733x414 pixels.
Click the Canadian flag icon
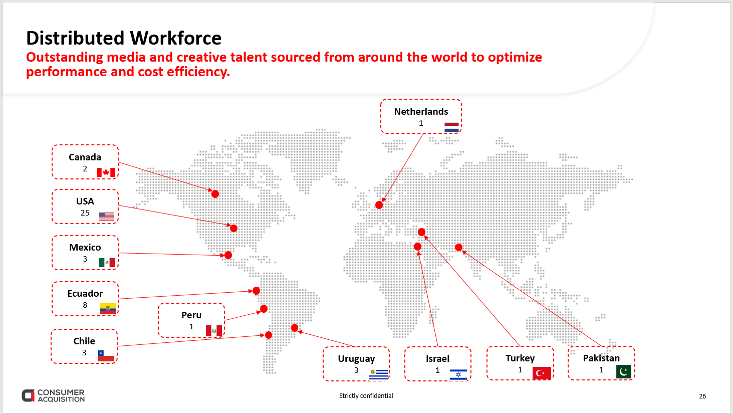(x=106, y=172)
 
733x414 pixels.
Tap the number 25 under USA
(x=85, y=213)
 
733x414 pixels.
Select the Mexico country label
(x=85, y=248)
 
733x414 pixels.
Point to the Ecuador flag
(x=108, y=308)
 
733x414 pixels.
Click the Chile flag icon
(x=106, y=356)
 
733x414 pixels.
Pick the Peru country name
(x=191, y=315)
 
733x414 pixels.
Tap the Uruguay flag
(x=379, y=374)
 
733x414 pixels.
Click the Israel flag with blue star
(x=458, y=374)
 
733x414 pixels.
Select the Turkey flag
(x=542, y=373)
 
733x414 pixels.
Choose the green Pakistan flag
(x=624, y=372)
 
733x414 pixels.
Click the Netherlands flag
(x=451, y=127)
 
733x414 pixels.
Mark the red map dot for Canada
(x=215, y=194)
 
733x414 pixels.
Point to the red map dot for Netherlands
(x=379, y=205)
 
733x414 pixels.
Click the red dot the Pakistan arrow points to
(x=459, y=248)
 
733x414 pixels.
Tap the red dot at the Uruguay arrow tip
(x=295, y=328)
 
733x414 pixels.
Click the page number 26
(x=702, y=396)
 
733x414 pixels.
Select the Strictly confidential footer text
(x=366, y=395)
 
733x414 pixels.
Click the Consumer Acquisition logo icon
(x=28, y=395)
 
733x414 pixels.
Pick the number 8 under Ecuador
(x=85, y=305)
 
